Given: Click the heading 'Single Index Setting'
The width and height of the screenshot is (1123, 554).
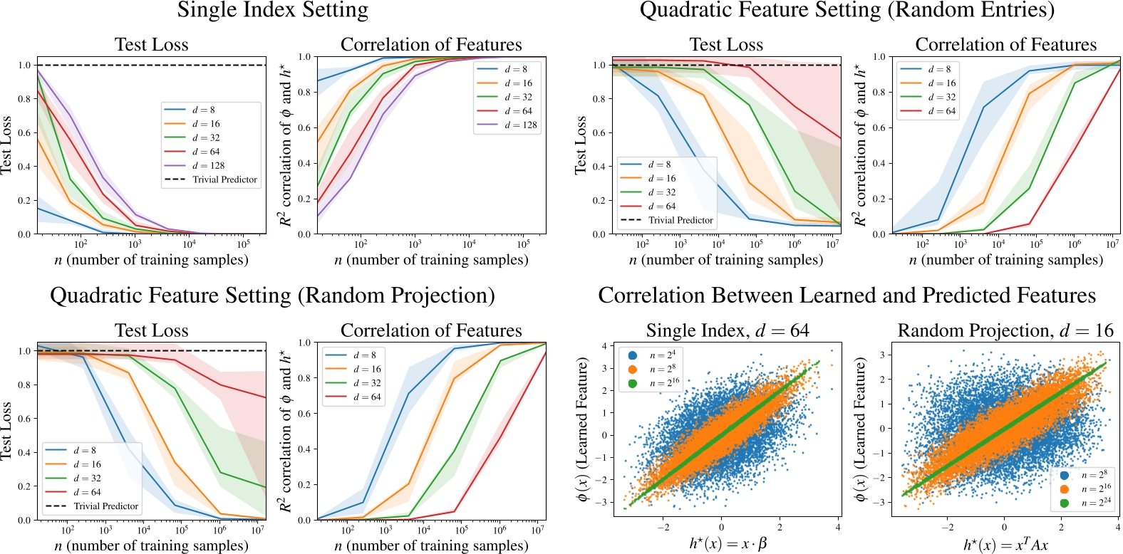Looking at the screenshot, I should (x=273, y=11).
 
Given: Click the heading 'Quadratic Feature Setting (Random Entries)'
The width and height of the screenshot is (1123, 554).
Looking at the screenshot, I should (x=847, y=11).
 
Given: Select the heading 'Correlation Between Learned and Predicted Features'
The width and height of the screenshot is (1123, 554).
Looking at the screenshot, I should (x=847, y=296).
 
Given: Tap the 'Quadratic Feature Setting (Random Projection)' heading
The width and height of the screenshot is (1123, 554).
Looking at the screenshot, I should (x=272, y=296).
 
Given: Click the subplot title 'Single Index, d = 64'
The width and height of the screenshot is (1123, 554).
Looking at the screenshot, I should (x=727, y=330).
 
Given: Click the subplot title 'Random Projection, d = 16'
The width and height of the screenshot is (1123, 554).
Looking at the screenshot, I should (x=1005, y=330).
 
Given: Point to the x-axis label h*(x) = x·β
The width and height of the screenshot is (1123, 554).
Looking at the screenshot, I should (x=728, y=544).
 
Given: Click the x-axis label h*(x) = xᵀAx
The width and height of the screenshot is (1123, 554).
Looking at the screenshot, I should (x=1005, y=545).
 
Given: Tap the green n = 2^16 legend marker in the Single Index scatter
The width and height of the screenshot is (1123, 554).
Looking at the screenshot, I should (x=633, y=383).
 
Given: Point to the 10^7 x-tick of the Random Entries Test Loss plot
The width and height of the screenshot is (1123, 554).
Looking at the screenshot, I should (x=832, y=244).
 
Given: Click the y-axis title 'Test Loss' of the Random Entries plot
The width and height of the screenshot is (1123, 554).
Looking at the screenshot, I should (x=581, y=145).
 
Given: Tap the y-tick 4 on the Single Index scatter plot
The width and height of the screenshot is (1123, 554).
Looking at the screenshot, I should (x=604, y=346).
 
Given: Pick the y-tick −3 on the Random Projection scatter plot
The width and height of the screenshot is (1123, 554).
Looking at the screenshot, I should (x=881, y=502).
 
